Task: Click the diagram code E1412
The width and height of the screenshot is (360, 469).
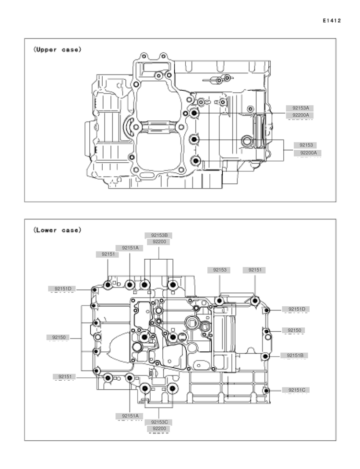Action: [332, 21]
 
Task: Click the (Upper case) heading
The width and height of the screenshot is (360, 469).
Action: [57, 49]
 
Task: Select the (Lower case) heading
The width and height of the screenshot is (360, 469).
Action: [57, 230]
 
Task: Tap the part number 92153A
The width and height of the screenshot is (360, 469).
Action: [300, 108]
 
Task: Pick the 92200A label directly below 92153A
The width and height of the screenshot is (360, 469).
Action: [300, 115]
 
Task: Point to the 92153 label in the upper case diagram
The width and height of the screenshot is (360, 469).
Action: [306, 145]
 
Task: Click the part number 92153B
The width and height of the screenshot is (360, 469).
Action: [159, 235]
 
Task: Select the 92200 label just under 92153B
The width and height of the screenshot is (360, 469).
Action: [159, 241]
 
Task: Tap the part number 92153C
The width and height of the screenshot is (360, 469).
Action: [159, 422]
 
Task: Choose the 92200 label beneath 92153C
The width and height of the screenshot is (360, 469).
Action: [159, 428]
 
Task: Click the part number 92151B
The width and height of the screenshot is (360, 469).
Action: [295, 355]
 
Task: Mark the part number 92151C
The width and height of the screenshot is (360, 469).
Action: [297, 390]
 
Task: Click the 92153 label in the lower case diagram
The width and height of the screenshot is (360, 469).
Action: [219, 270]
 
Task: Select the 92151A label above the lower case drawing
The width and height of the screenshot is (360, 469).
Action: [130, 248]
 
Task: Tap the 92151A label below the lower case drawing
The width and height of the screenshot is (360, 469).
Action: [130, 416]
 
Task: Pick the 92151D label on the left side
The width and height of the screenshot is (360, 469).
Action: [63, 289]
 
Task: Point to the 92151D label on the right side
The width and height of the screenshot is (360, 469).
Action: [297, 309]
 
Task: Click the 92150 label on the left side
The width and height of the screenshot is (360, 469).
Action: [59, 337]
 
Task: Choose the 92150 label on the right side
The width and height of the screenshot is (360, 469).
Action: [294, 330]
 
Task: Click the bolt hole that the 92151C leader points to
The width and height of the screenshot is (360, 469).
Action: [266, 391]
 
